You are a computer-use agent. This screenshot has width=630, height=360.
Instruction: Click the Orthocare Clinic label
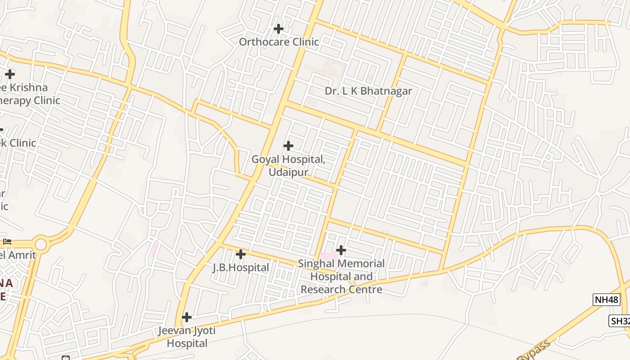tap(279, 42)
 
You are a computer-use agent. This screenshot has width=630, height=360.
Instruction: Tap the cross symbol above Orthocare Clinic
tap(279, 29)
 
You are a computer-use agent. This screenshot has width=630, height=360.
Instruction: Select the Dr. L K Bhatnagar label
tap(368, 91)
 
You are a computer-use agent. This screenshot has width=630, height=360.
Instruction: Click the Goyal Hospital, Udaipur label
tap(288, 166)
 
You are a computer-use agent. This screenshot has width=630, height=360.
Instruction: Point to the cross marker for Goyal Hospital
tap(288, 146)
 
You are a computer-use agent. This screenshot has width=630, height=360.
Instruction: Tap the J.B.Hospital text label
tap(241, 268)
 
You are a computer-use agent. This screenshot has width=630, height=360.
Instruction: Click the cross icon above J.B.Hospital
tap(241, 254)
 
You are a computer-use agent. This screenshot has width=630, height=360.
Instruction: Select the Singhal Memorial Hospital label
tap(342, 276)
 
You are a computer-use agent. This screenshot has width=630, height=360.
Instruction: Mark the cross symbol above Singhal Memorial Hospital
tap(341, 250)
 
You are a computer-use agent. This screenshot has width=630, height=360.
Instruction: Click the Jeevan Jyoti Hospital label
tap(187, 337)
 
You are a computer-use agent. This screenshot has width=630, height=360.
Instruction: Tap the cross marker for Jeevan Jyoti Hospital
tap(187, 317)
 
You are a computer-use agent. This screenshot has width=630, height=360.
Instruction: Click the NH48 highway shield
tap(607, 300)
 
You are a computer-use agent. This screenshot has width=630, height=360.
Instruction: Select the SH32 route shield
tap(620, 321)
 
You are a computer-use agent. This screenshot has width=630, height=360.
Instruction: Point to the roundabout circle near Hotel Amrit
tap(41, 245)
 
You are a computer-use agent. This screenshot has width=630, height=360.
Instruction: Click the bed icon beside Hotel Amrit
tap(7, 242)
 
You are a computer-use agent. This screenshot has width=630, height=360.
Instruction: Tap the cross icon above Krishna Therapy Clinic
tap(10, 74)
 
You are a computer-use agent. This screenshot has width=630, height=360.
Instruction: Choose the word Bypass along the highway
tap(534, 351)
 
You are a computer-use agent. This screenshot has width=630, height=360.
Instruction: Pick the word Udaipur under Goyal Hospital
tap(288, 172)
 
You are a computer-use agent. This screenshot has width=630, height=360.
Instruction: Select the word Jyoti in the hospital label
tap(202, 331)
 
